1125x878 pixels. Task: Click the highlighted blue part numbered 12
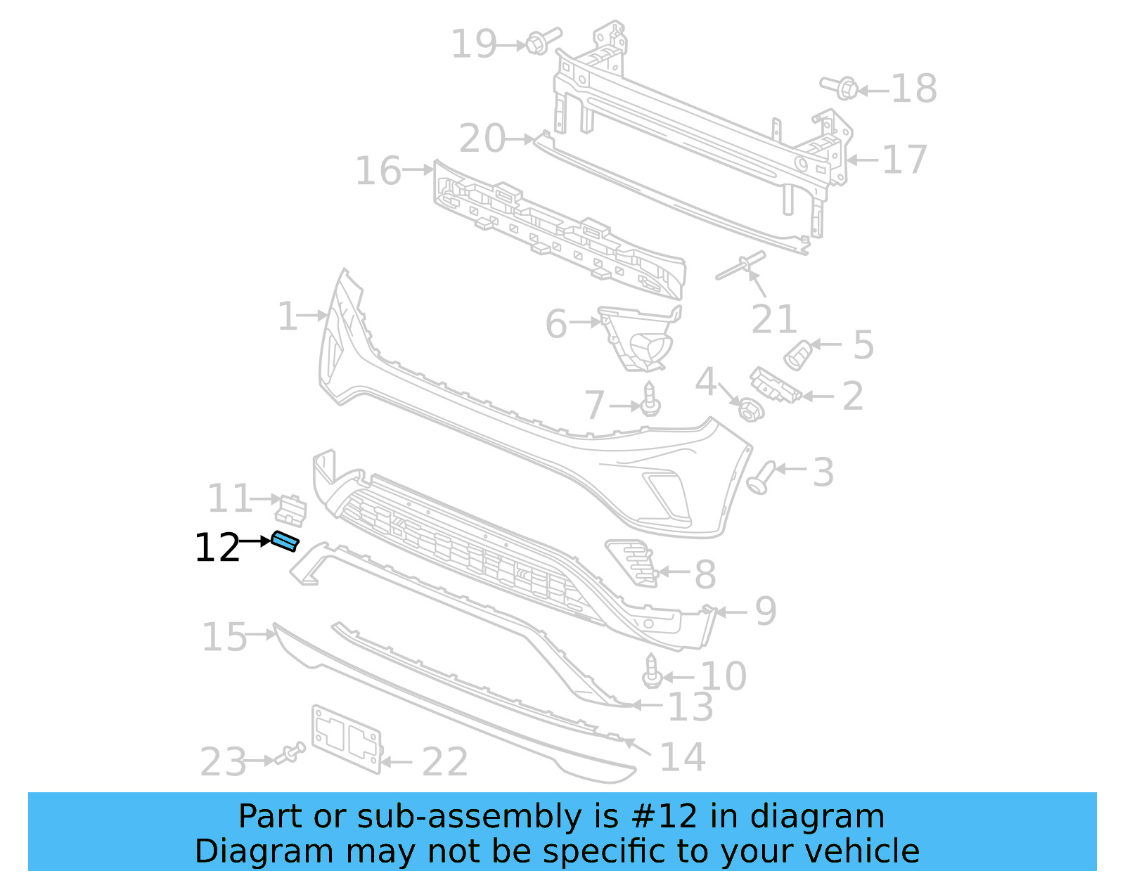click(285, 541)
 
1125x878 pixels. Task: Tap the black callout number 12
click(217, 548)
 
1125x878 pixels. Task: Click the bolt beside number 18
click(841, 88)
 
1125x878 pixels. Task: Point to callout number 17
click(904, 160)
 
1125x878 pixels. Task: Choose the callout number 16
click(378, 171)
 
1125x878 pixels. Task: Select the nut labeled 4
click(750, 410)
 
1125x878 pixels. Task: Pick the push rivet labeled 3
click(761, 476)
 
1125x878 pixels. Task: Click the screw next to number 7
click(650, 400)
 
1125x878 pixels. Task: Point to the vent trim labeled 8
click(632, 562)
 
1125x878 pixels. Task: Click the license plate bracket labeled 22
click(347, 739)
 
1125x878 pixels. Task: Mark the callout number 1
click(288, 316)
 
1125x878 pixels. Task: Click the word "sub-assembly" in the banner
click(469, 816)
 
